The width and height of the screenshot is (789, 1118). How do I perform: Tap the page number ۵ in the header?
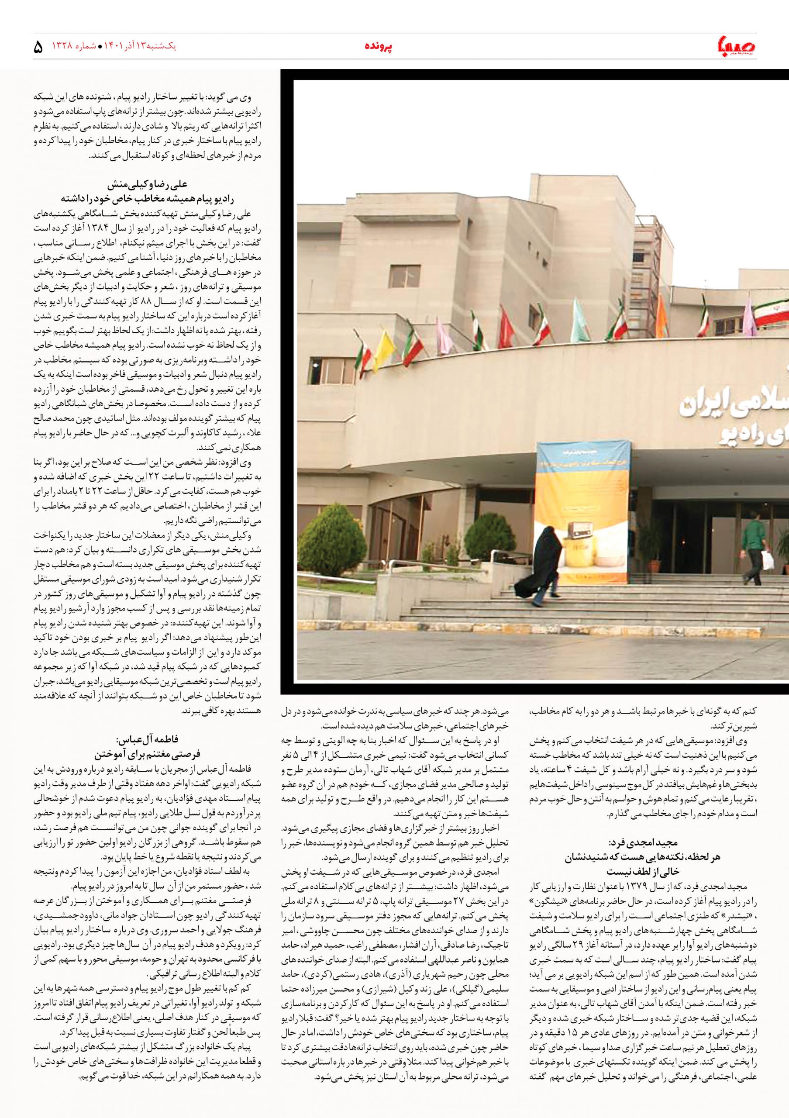click(38, 48)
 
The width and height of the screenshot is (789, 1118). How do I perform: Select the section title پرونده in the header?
click(379, 47)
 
